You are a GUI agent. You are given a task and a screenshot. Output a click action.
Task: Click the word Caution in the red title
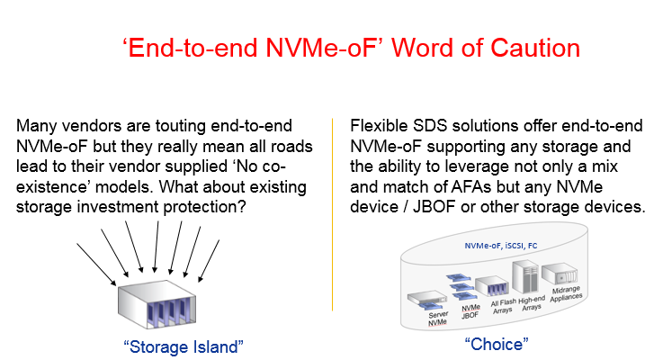[x=535, y=48]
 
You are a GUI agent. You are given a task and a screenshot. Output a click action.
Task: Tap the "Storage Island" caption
[x=184, y=347]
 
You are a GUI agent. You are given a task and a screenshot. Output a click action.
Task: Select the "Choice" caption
[x=497, y=344]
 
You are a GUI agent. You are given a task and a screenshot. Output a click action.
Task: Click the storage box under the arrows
[x=157, y=303]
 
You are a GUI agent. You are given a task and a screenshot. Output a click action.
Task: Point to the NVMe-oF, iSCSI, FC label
[x=501, y=246]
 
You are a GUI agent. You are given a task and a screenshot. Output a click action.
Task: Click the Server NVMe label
[x=437, y=319]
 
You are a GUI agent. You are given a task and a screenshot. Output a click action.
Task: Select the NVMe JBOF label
[x=470, y=311]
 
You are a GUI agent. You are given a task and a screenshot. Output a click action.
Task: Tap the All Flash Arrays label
[x=503, y=307]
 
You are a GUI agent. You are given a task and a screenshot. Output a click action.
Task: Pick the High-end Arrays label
[x=532, y=303]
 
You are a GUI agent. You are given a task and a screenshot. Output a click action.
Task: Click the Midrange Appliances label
[x=566, y=293]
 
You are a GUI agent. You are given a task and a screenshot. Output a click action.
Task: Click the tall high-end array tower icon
[x=525, y=276]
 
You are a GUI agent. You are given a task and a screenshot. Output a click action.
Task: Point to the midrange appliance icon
[x=560, y=274]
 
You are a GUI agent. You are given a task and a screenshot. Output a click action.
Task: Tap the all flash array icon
[x=492, y=285]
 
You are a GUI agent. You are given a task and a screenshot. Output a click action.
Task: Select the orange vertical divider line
[x=333, y=214]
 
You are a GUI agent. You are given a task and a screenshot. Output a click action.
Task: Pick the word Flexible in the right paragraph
[x=379, y=126]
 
